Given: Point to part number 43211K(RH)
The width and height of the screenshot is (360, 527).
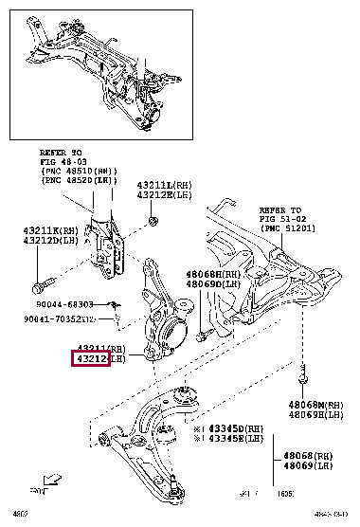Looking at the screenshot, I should click(51, 230).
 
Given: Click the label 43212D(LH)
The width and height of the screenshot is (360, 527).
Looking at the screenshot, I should click(51, 241).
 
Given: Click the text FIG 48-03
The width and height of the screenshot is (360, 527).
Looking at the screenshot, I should click(62, 161).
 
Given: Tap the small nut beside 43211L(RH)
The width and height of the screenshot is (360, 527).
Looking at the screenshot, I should click(153, 222).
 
